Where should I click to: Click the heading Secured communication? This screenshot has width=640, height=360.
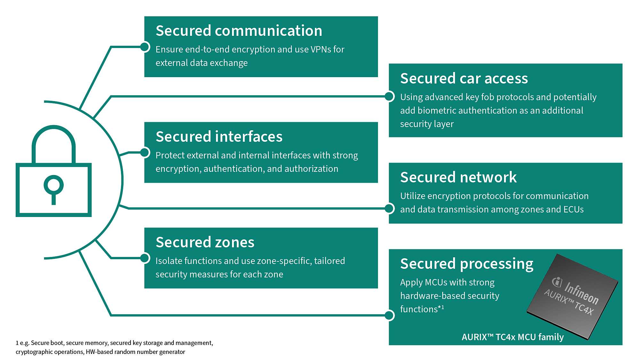pyautogui.click(x=239, y=31)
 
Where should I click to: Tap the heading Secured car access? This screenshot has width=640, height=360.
pyautogui.click(x=464, y=79)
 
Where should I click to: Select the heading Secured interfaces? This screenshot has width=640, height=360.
pyautogui.click(x=219, y=137)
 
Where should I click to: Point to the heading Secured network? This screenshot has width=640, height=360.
pyautogui.click(x=458, y=178)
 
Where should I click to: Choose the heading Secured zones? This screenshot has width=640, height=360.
pyautogui.click(x=205, y=243)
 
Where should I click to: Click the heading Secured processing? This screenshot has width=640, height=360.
pyautogui.click(x=467, y=264)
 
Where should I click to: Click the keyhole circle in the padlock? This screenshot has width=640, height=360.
pyautogui.click(x=53, y=185)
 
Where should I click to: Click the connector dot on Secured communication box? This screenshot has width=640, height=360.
pyautogui.click(x=145, y=47)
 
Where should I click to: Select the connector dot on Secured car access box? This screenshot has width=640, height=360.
pyautogui.click(x=389, y=96)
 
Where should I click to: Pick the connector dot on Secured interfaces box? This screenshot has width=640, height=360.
pyautogui.click(x=145, y=153)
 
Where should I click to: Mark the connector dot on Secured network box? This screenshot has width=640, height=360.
pyautogui.click(x=389, y=208)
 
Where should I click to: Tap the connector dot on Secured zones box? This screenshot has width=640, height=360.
pyautogui.click(x=145, y=258)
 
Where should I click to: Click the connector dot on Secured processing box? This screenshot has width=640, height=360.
pyautogui.click(x=389, y=315)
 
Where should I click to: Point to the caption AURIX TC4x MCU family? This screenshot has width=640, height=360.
pyautogui.click(x=512, y=337)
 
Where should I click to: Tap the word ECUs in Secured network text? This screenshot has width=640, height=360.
pyautogui.click(x=573, y=210)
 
